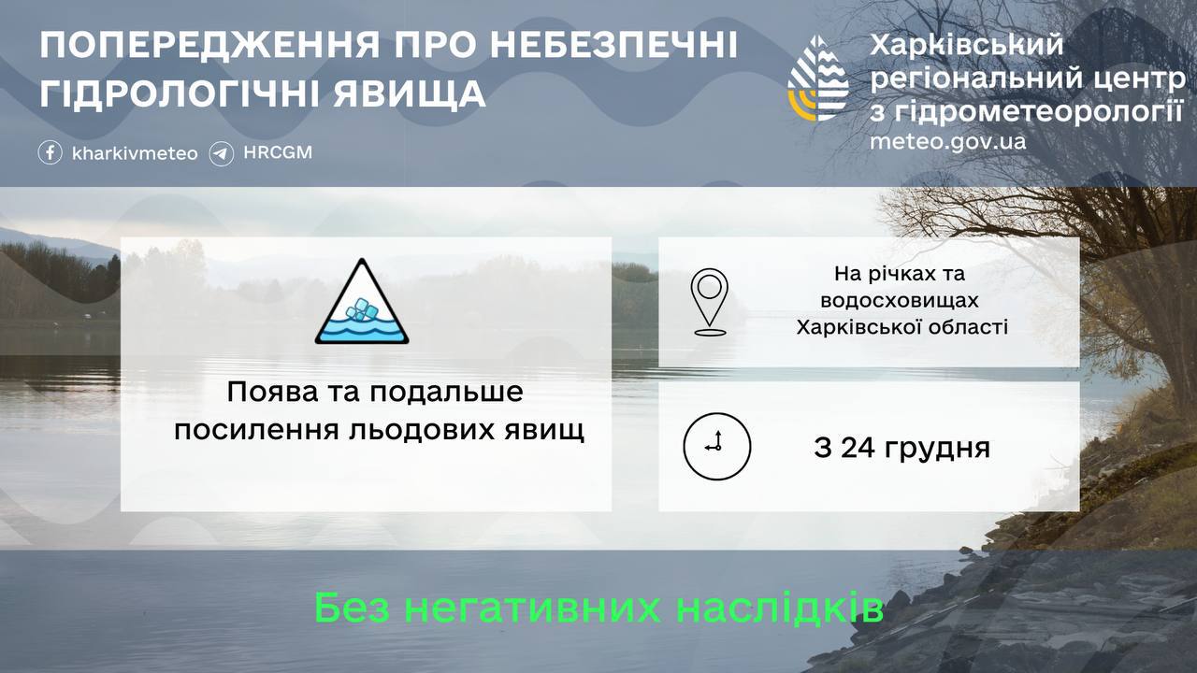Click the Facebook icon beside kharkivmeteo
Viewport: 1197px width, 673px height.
point(50,152)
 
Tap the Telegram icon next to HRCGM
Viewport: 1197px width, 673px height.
point(222,152)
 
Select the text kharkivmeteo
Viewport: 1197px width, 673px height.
point(135,153)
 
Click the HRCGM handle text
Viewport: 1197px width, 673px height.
point(277,152)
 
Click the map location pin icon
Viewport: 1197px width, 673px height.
point(710,302)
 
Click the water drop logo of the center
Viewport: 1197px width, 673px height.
point(818,79)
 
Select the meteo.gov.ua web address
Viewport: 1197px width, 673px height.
point(947,141)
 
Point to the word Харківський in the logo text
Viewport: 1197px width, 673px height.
point(967,44)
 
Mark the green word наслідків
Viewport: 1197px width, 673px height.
point(779,609)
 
